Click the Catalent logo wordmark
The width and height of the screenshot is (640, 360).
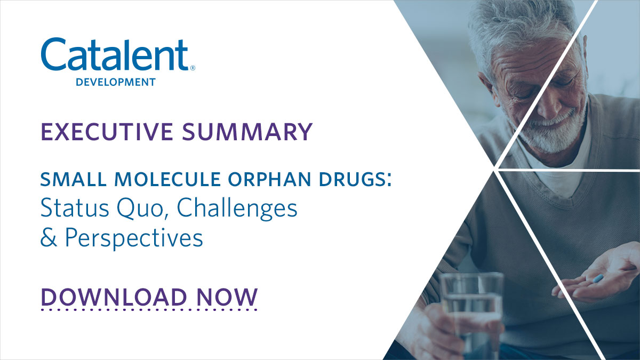115,55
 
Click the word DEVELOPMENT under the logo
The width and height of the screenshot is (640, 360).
116,82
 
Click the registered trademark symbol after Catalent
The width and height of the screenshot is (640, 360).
193,68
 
